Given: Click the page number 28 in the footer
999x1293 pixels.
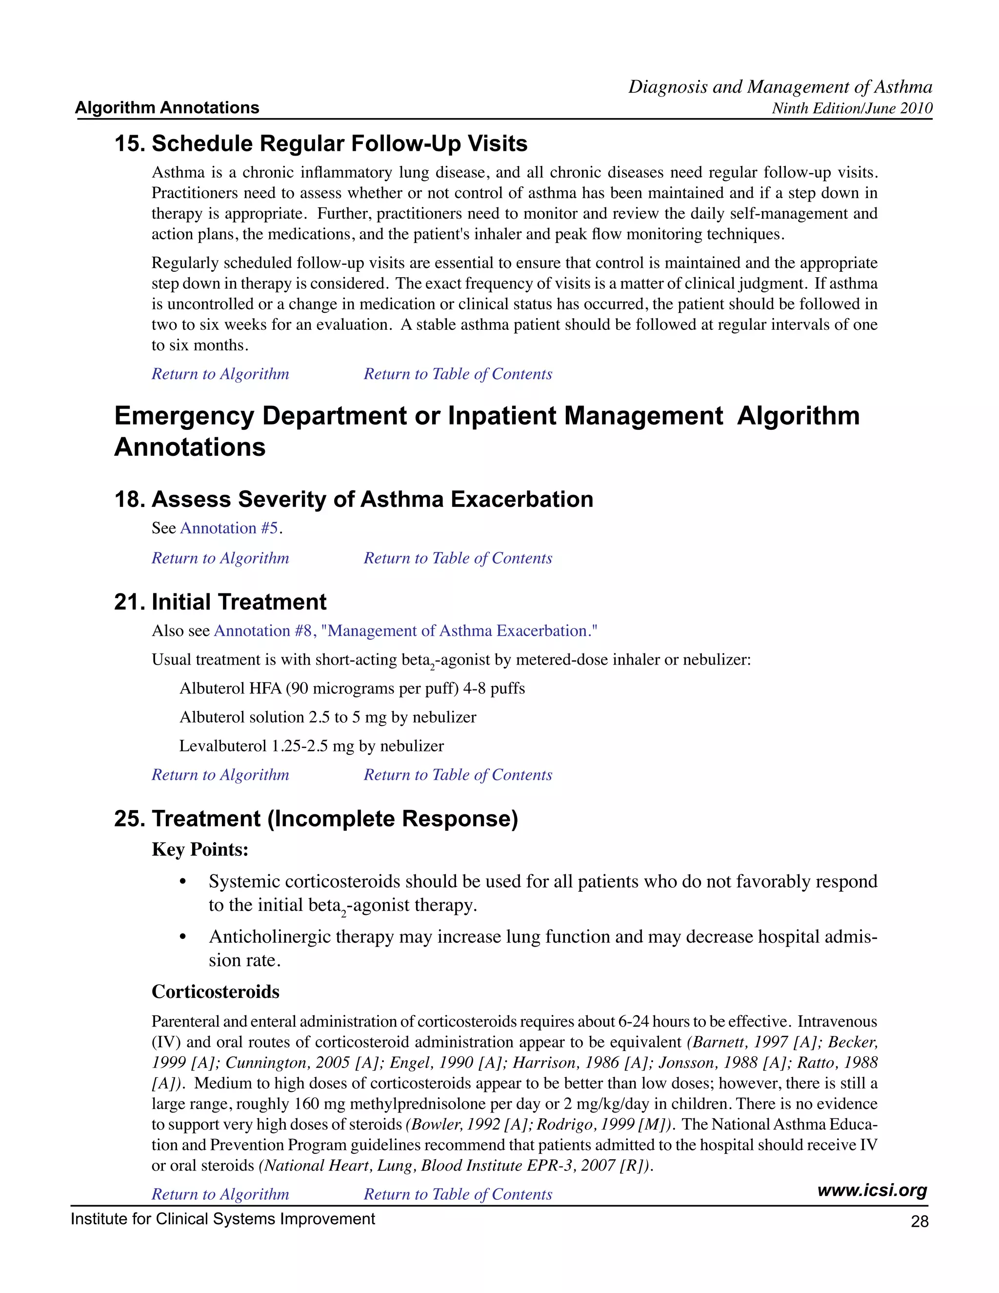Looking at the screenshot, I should tap(919, 1221).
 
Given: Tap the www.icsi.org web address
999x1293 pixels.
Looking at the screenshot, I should tap(872, 1190).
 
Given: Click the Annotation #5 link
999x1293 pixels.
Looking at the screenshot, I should tap(231, 528).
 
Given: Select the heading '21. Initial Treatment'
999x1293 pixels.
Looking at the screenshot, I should tap(220, 602).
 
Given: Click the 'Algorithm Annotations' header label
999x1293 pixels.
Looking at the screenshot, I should tap(167, 108).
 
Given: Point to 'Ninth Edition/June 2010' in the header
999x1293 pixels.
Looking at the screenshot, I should tap(852, 108).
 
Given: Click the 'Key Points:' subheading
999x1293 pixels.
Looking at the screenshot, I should tap(200, 849).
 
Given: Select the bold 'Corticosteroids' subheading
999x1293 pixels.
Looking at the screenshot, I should tap(216, 991).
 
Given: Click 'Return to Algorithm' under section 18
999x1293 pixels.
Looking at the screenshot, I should tap(220, 558).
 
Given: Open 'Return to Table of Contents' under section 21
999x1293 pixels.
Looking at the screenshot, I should tap(458, 775).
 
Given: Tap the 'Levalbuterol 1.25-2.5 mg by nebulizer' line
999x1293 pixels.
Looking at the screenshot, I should tap(311, 746).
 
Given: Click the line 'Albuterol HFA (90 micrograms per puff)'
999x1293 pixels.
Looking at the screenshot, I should tap(352, 688).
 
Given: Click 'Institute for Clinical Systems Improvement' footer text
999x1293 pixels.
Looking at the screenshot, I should tap(222, 1219).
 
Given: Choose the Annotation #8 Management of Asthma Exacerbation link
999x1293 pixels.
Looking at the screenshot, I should tap(405, 631).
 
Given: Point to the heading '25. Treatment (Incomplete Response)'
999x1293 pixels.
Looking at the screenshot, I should tap(316, 819).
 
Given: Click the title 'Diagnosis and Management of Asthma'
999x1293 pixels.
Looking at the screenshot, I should tap(780, 87).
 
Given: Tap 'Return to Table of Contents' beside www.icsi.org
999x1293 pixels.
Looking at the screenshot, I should tap(458, 1194).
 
